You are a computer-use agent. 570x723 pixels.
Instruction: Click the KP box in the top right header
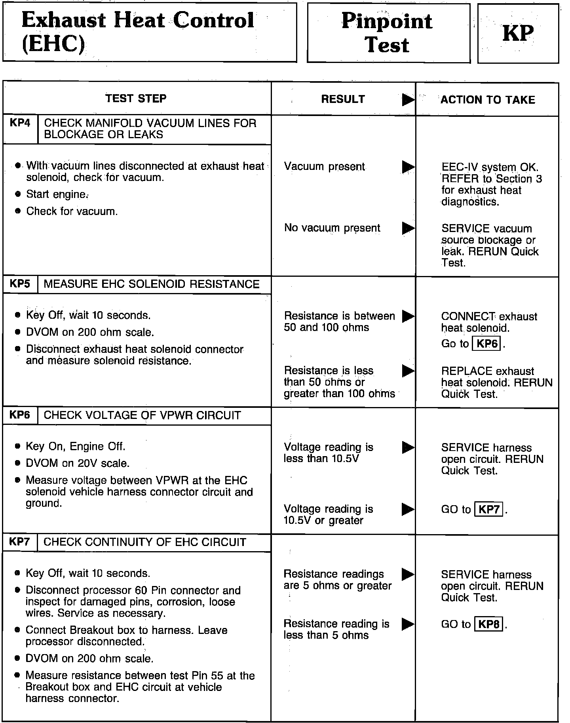click(x=518, y=33)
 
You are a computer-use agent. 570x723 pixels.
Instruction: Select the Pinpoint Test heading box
click(x=388, y=32)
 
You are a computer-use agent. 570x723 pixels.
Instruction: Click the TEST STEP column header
click(x=136, y=98)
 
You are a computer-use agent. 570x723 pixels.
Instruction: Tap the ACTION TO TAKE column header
click(x=487, y=100)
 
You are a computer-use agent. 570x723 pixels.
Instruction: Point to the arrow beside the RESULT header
click(x=408, y=100)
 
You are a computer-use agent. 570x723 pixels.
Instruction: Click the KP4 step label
click(x=20, y=123)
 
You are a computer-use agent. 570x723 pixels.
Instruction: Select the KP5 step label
click(x=20, y=284)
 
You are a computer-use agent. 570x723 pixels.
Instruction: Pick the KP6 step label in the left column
click(x=20, y=415)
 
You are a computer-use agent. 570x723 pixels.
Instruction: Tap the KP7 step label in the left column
click(x=20, y=542)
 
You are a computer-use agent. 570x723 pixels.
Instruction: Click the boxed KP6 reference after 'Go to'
click(x=487, y=344)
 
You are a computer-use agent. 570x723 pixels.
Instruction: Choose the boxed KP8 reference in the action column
click(x=488, y=624)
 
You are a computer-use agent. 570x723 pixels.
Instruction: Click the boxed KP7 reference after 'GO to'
click(x=489, y=509)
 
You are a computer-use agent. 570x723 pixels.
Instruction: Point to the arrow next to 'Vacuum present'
click(x=408, y=167)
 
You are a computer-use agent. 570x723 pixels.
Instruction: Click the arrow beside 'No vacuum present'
click(x=408, y=228)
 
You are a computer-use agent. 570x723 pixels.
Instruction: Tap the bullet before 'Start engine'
click(x=17, y=194)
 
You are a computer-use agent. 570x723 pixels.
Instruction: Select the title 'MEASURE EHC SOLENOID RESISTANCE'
click(x=152, y=284)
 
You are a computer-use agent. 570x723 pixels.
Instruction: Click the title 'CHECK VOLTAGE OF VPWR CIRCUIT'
click(x=142, y=415)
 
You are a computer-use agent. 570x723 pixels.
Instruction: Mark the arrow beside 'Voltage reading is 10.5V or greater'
click(x=408, y=509)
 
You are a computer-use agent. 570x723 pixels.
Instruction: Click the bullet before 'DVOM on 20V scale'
click(x=17, y=463)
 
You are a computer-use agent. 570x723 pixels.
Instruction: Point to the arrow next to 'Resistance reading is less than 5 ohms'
click(x=408, y=624)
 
